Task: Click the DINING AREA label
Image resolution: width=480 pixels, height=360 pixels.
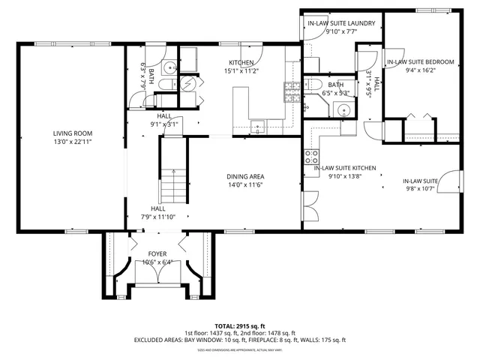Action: (x=245, y=177)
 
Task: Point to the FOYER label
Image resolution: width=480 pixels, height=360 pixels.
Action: (x=157, y=253)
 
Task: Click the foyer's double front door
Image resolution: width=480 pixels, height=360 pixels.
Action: (x=157, y=274)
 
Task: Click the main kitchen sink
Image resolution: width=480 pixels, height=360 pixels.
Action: (x=257, y=126)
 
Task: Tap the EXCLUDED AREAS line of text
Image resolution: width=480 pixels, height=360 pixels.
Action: (x=240, y=340)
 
